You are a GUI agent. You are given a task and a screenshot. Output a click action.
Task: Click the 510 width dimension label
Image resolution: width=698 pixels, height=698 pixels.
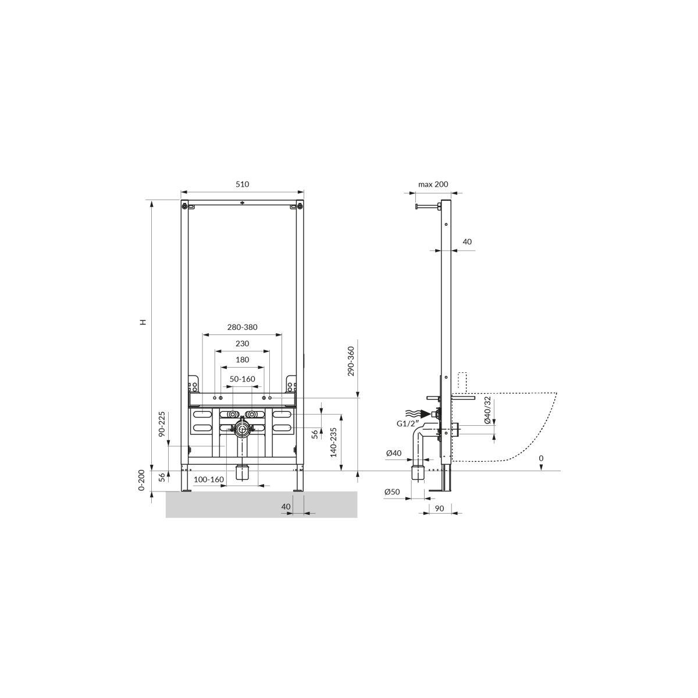coord(243,184)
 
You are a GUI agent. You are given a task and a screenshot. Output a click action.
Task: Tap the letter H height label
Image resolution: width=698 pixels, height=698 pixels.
coord(144,322)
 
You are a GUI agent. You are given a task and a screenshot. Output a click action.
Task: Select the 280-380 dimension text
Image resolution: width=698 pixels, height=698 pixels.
coord(243,327)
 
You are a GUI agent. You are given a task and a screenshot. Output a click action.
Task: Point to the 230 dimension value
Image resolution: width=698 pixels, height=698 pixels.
coord(243,343)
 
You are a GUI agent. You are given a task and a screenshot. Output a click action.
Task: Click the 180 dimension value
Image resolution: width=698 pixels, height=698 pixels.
coord(243,359)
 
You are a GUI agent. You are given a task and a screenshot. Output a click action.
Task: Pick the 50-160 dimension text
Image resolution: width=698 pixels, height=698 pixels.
coord(243,379)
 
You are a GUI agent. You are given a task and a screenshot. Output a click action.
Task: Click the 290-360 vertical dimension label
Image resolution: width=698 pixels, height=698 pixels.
coord(351,361)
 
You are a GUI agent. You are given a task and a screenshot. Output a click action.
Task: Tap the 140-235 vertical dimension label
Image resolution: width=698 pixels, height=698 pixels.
coord(333,442)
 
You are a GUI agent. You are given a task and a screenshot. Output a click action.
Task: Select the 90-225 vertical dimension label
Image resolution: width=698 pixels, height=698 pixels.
coord(162,424)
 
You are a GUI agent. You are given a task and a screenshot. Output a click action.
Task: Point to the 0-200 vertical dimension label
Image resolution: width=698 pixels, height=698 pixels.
coord(141,480)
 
